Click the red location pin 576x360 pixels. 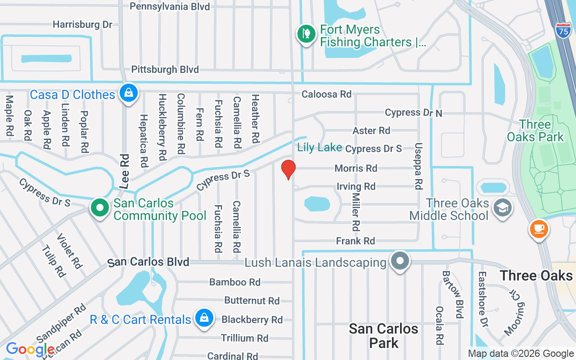(x=288, y=169)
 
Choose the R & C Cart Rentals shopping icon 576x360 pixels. (x=204, y=319)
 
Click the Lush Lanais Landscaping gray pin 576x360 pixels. (x=400, y=261)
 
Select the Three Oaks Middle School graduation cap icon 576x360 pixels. (x=500, y=207)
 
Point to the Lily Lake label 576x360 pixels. (x=319, y=148)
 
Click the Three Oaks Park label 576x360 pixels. (x=535, y=130)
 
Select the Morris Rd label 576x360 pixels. (x=355, y=168)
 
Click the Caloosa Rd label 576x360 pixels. (x=326, y=94)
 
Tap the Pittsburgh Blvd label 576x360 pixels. (x=165, y=70)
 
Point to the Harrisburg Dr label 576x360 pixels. (x=82, y=24)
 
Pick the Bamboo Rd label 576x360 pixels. (x=235, y=282)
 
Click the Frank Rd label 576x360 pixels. (x=355, y=241)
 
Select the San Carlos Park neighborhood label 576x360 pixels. (x=384, y=336)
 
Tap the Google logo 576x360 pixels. (x=30, y=349)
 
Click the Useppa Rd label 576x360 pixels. (x=418, y=166)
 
